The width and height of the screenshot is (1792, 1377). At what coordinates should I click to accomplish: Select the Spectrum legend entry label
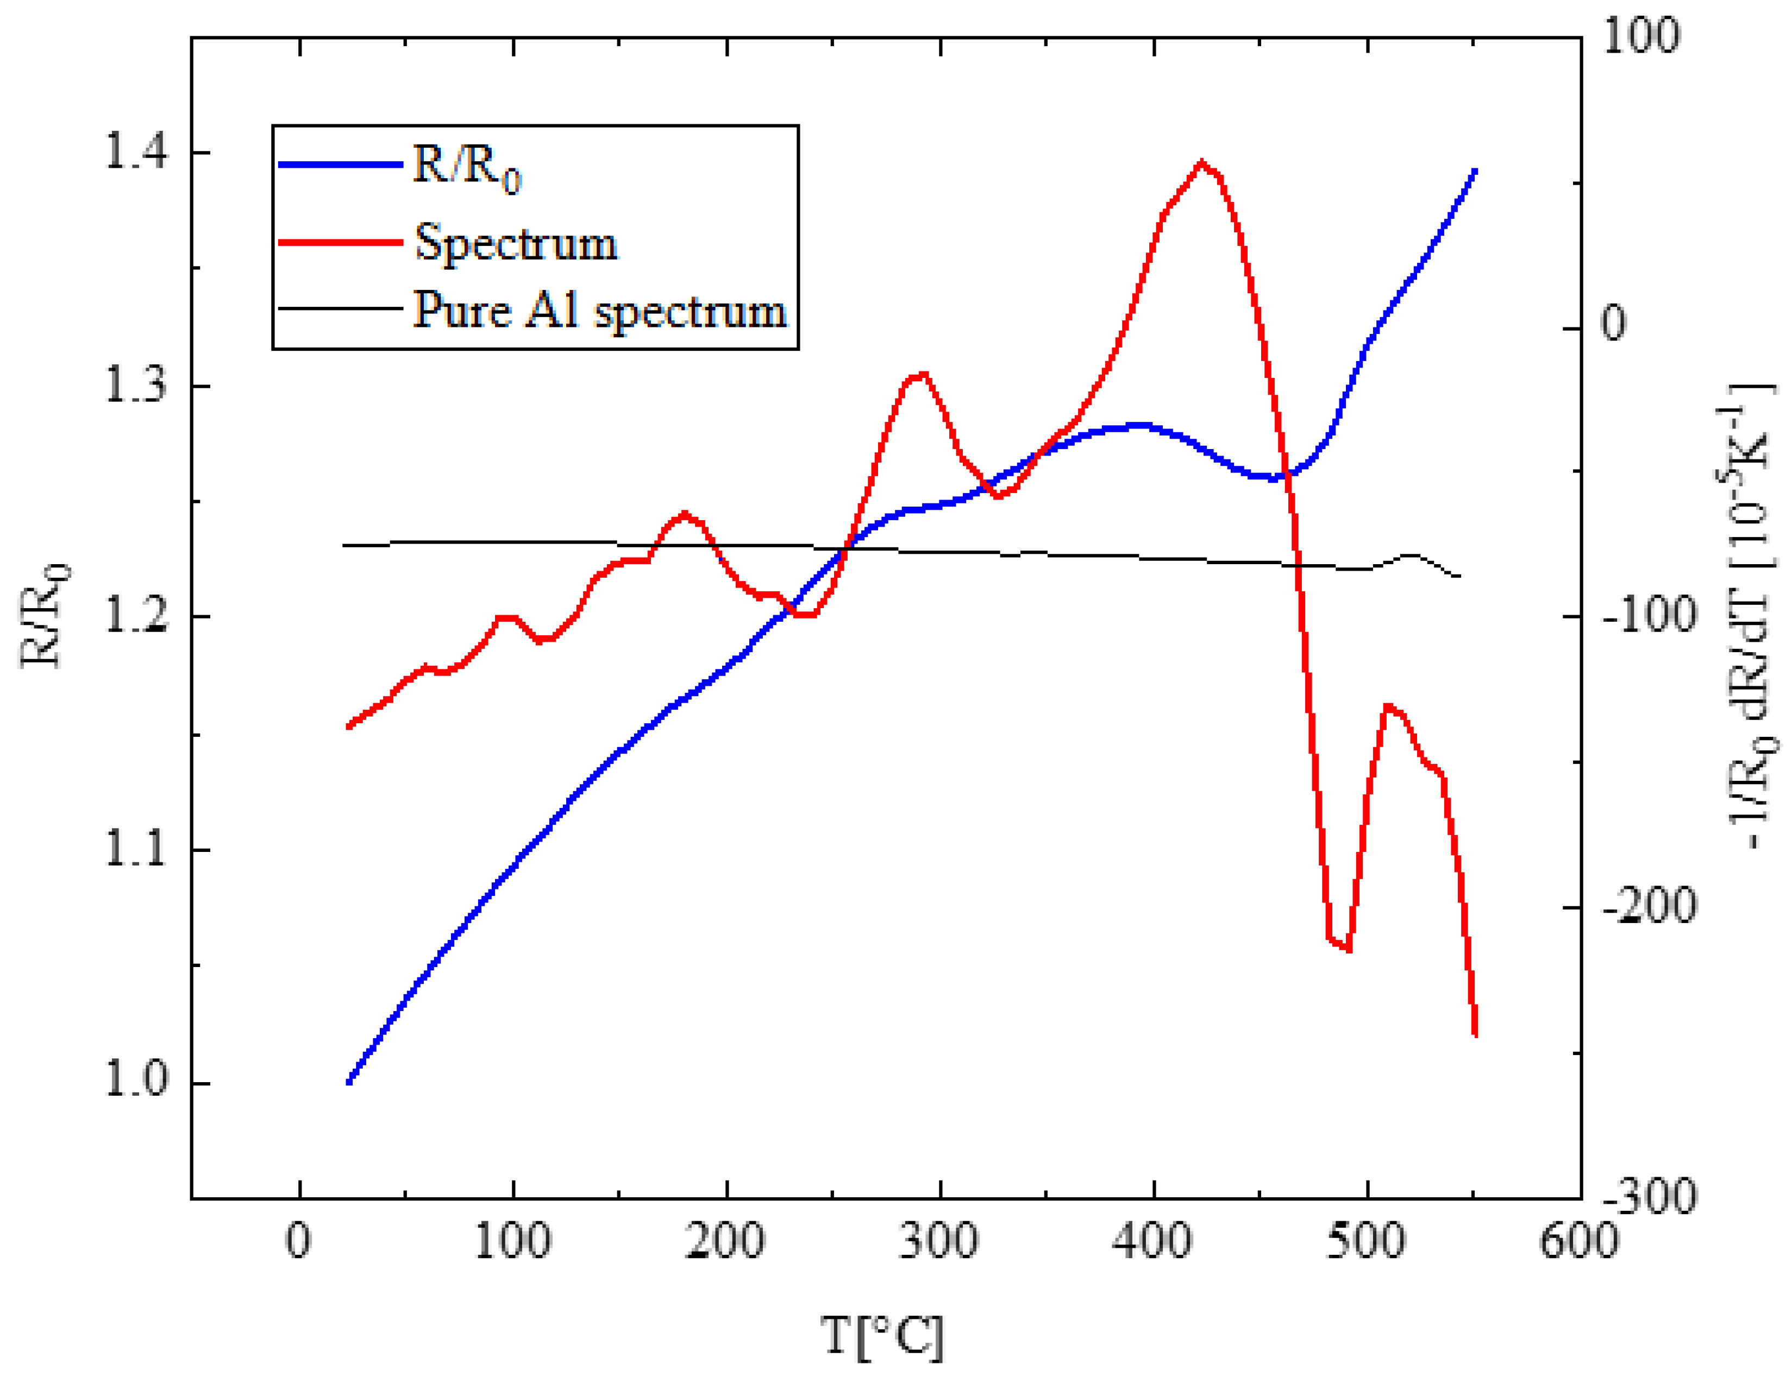tap(516, 243)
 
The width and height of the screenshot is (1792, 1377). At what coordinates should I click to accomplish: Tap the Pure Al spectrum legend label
tap(599, 311)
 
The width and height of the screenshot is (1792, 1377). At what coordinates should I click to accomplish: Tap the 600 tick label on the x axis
tap(1580, 1240)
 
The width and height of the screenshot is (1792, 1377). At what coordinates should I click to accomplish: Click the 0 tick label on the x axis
tap(298, 1240)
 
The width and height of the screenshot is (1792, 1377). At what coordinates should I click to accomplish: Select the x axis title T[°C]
tap(882, 1337)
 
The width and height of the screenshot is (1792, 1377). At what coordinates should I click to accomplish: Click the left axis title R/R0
tap(45, 616)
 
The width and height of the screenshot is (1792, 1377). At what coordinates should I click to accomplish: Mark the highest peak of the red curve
tap(1201, 163)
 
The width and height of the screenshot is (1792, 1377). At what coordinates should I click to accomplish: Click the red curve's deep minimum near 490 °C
tap(1339, 945)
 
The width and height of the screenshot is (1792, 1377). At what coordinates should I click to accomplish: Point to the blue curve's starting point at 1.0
tap(349, 1081)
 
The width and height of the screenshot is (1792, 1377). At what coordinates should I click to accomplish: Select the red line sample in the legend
tap(340, 242)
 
